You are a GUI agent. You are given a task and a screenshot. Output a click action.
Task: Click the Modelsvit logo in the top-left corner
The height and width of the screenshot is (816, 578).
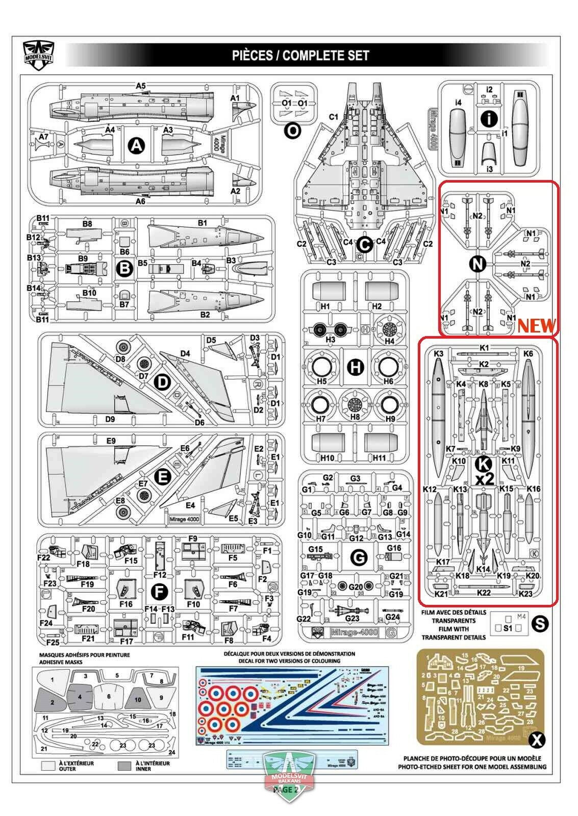(39, 51)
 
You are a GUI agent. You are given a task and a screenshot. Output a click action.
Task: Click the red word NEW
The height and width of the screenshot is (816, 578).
(536, 325)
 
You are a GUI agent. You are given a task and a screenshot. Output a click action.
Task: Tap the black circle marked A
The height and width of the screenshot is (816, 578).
(136, 146)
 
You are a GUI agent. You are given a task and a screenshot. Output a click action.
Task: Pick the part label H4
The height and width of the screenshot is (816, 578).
(389, 341)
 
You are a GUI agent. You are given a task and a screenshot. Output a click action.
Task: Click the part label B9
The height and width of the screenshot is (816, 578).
(83, 259)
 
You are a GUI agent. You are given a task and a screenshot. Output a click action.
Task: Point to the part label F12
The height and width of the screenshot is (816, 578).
(160, 574)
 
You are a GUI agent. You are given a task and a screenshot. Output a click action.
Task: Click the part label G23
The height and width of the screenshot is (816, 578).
(352, 618)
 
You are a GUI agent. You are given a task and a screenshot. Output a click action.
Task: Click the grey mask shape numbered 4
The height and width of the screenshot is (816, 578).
(80, 696)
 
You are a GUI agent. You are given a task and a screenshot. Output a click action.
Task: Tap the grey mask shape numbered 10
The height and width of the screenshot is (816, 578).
(137, 699)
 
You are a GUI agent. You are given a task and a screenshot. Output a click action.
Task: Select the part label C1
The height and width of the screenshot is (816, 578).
(333, 117)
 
